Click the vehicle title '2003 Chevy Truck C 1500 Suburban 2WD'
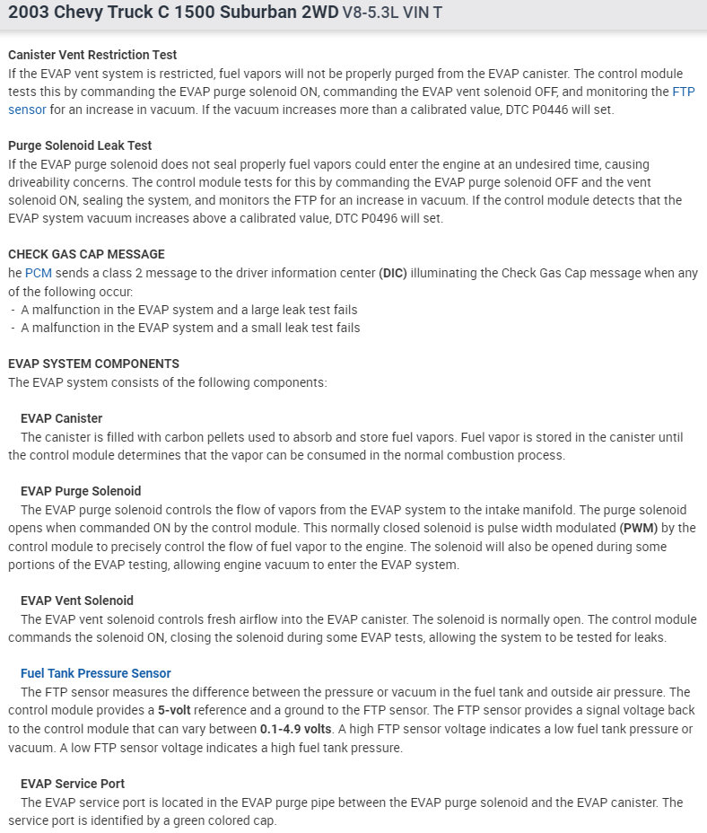click(x=172, y=13)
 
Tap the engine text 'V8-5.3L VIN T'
click(x=392, y=13)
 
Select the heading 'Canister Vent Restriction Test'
click(x=92, y=55)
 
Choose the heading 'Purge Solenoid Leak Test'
click(x=80, y=145)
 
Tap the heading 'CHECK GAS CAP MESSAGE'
click(x=86, y=254)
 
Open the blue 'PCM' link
click(x=39, y=273)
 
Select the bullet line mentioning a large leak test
click(x=188, y=310)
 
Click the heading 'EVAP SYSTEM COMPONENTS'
click(x=93, y=364)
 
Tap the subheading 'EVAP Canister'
click(x=61, y=418)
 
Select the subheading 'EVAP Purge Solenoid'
click(x=81, y=491)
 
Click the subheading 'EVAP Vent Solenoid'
click(x=77, y=601)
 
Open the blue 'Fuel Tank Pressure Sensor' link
click(x=95, y=673)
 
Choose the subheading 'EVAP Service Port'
click(x=73, y=784)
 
